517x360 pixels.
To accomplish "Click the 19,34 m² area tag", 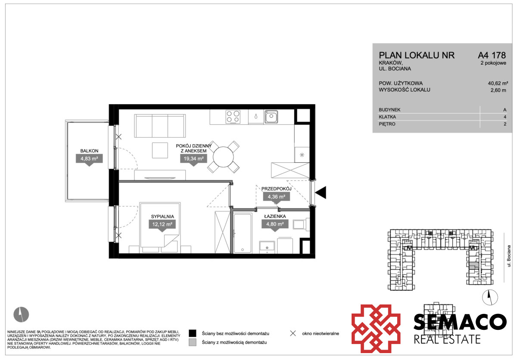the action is point(193,159).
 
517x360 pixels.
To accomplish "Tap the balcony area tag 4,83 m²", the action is point(89,159).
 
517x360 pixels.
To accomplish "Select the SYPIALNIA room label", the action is point(162,217).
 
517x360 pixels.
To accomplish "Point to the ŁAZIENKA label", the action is point(275,216).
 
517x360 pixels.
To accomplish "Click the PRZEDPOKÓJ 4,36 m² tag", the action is point(276,197).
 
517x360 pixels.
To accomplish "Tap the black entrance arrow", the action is point(321,192).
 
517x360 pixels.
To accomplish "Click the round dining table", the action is point(223,157).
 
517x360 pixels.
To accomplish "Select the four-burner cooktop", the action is point(233,117).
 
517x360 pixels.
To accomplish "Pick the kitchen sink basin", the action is point(271,117).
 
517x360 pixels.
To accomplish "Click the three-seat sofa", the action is point(160,126).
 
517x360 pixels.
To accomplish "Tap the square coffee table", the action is point(160,150).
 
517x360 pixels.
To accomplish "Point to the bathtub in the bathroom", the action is point(242,233).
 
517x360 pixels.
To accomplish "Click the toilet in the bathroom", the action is point(301,224).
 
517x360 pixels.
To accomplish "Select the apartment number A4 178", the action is point(492,56).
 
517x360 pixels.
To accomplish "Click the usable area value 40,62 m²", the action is point(498,83).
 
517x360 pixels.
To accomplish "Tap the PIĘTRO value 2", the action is point(505,124).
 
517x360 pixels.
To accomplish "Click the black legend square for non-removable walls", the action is point(193,333).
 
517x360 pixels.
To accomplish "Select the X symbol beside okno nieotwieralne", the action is point(293,333).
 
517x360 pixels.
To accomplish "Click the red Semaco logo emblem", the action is point(376,329).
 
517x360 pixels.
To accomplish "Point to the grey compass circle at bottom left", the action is point(21,314).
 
